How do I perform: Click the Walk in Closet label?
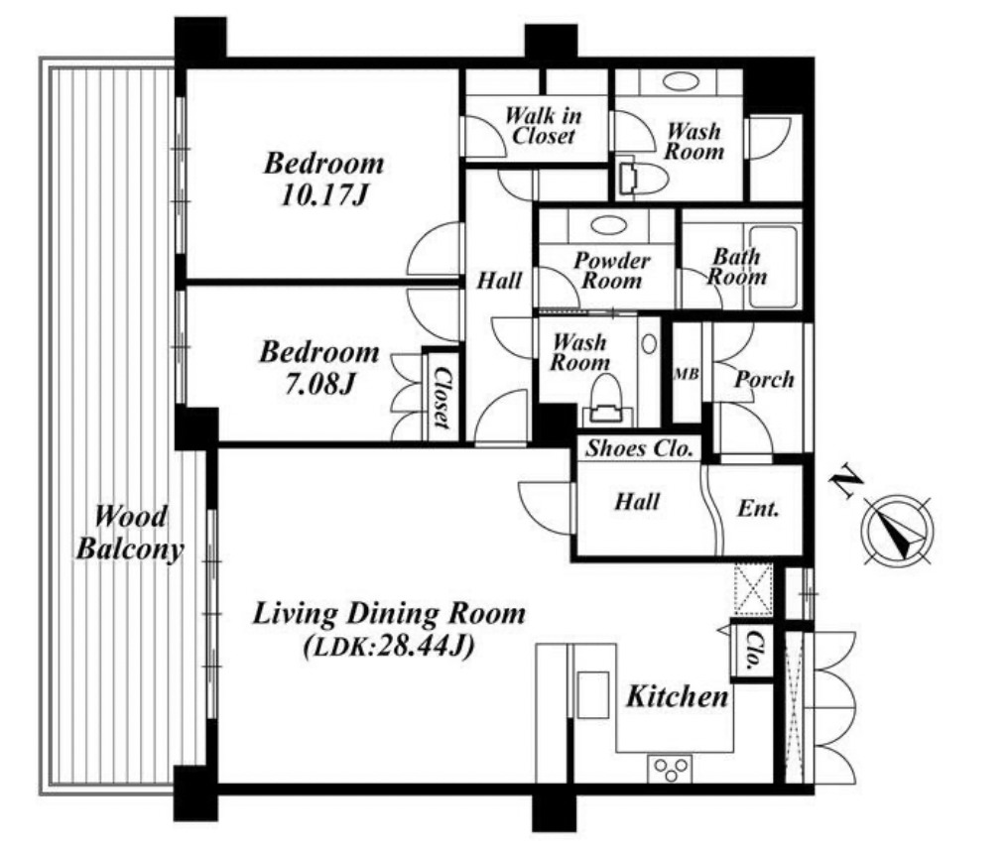[544, 126]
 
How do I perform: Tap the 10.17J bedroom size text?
[324, 195]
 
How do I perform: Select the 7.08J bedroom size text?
[320, 385]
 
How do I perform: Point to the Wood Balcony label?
[130, 534]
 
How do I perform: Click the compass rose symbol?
[898, 531]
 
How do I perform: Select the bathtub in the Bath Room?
[773, 266]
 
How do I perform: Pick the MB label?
[686, 374]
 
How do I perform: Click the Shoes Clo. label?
[638, 448]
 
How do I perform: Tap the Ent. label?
[758, 509]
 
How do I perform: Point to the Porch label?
[764, 379]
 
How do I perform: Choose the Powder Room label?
[611, 271]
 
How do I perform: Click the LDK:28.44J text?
[389, 647]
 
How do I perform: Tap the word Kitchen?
[678, 695]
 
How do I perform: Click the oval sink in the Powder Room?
[608, 225]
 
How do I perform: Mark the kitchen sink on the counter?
[592, 694]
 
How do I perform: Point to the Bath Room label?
[737, 267]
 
